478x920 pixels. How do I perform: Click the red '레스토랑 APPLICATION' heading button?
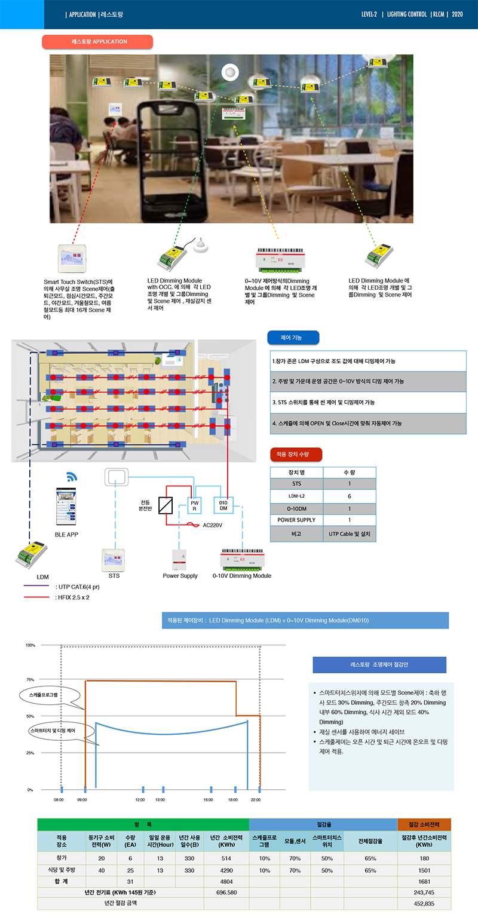pos(97,42)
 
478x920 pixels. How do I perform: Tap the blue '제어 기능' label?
pos(293,338)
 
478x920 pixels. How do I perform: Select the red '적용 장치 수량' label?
pos(296,455)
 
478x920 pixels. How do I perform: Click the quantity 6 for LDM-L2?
pos(350,496)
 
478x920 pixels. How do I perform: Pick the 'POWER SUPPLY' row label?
pos(296,520)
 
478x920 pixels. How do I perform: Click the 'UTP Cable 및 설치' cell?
pos(350,533)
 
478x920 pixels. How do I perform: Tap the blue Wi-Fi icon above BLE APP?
pos(72,477)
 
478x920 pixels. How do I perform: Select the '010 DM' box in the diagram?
pos(223,505)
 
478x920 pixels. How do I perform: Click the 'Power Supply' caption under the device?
pos(180,576)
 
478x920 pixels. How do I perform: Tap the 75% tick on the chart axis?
pos(30,679)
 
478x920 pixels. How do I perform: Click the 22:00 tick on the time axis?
pos(256,799)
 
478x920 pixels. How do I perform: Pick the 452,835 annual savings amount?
pos(424,903)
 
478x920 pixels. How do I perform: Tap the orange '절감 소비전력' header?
pos(424,824)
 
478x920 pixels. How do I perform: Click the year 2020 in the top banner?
pos(458,14)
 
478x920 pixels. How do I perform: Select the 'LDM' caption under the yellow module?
pos(42,576)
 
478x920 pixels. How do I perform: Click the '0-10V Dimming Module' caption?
pos(242,576)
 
